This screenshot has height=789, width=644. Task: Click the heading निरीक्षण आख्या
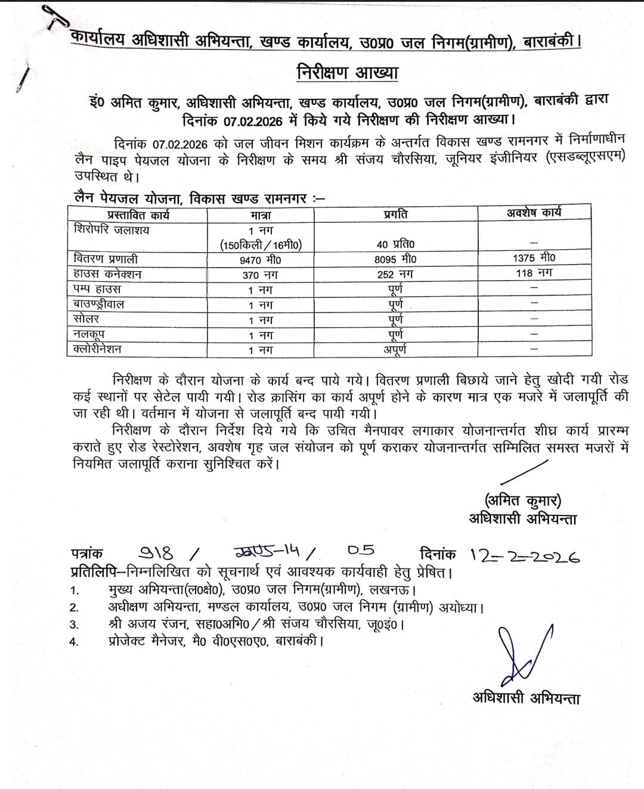347,73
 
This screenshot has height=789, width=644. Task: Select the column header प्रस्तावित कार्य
138,215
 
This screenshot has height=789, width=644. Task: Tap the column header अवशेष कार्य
534,213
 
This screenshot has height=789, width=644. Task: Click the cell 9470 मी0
261,260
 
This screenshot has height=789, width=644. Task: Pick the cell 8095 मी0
396,259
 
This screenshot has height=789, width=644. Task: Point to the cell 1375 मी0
534,258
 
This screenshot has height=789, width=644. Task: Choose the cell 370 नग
261,275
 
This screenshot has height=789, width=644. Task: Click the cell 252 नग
395,274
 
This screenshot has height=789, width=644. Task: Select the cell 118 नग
534,273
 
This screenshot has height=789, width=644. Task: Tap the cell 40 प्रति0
396,244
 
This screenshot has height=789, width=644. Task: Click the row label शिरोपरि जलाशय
112,229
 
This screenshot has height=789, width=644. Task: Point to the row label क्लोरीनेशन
98,349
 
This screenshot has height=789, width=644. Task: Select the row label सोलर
86,319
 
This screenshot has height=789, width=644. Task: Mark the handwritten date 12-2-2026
525,555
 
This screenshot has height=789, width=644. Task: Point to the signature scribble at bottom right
523,653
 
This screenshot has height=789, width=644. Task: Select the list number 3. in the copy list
75,625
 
